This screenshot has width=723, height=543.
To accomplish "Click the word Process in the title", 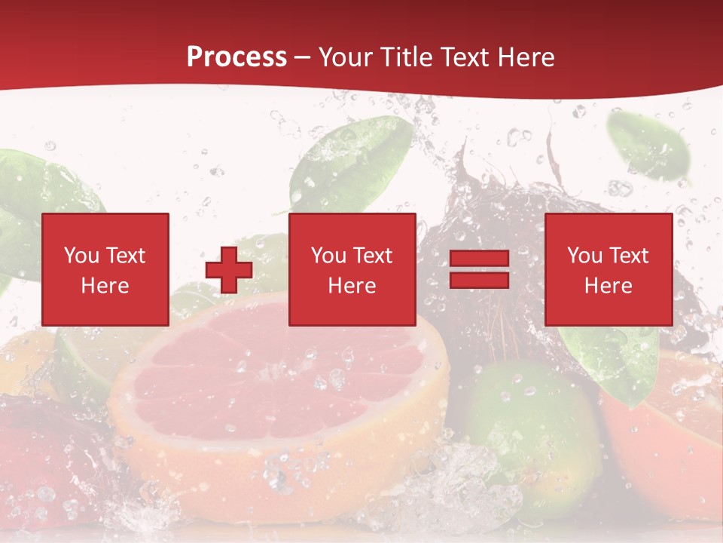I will coord(236,57).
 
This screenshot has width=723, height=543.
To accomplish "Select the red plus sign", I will coord(229,270).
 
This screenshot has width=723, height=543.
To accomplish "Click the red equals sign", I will coord(479,270).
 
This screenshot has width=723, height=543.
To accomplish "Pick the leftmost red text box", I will coord(105,269).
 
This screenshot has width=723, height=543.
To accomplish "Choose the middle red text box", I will coord(352,269).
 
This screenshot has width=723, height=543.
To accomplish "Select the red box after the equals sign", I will coord(609,269).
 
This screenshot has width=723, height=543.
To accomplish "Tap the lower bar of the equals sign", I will coord(479,280).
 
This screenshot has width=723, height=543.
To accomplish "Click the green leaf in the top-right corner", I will coord(649,147).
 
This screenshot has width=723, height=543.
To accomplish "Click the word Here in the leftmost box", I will coord(105,286).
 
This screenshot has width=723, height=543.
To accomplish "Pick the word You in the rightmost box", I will coord(585,256).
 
